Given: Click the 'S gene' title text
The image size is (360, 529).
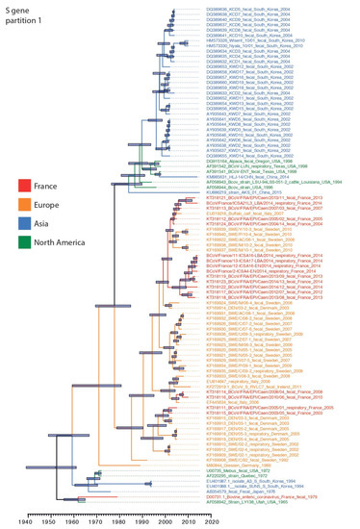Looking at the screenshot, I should [x=18, y=9].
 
